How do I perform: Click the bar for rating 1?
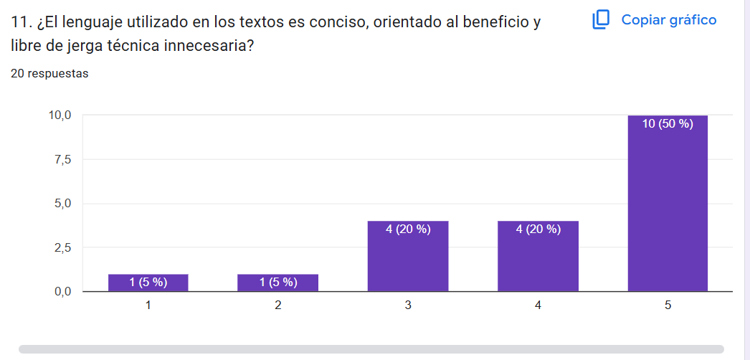[148, 283]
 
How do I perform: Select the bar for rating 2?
[278, 283]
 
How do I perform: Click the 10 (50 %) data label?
[668, 124]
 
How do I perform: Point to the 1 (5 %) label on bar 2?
[278, 282]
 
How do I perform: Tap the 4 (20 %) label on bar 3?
[408, 229]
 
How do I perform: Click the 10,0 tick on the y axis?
[60, 115]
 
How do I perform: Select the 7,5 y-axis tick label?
[62, 159]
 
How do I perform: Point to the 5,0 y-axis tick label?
[62, 204]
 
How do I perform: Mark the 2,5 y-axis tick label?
[62, 248]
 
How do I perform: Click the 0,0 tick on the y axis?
[62, 292]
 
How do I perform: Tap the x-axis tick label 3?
[408, 305]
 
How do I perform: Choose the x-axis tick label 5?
[668, 305]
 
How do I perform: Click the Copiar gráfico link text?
[669, 20]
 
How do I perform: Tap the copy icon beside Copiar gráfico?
[601, 20]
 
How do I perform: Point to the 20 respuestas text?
[50, 73]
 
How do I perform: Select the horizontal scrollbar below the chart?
[371, 349]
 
